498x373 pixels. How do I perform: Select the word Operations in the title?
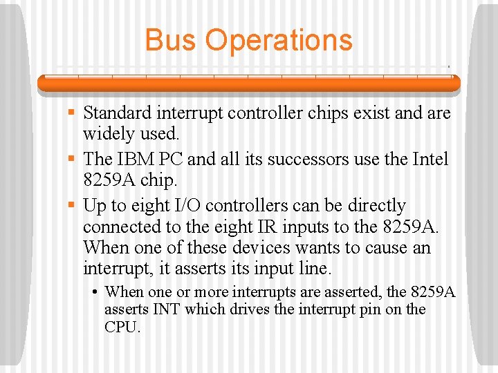pos(279,40)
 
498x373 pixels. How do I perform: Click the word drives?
pos(249,309)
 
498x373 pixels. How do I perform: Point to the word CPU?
pos(122,327)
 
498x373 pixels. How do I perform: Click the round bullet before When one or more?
pos(95,292)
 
